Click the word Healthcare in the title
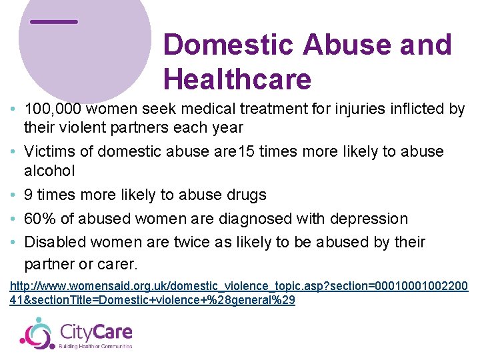point(237,80)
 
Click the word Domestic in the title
point(227,45)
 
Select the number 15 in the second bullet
point(245,151)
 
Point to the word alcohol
point(49,171)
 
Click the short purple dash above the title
point(54,22)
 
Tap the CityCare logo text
point(96,331)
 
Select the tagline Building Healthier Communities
point(96,346)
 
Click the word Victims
point(49,151)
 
